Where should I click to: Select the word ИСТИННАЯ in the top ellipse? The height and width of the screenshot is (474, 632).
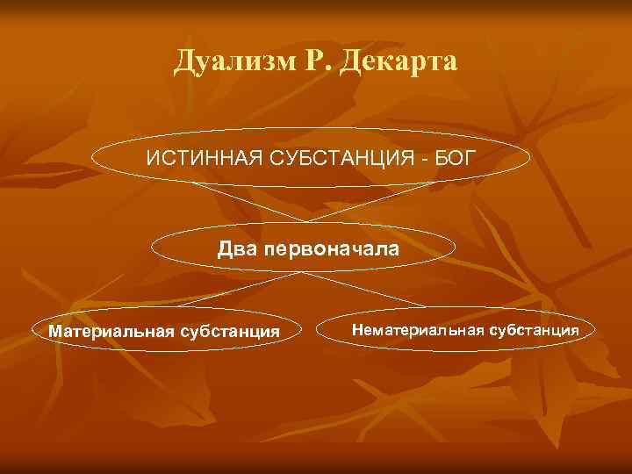click(196, 161)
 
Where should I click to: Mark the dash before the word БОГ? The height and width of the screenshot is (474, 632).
click(422, 162)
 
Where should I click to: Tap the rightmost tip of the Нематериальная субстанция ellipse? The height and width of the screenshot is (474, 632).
click(595, 330)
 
